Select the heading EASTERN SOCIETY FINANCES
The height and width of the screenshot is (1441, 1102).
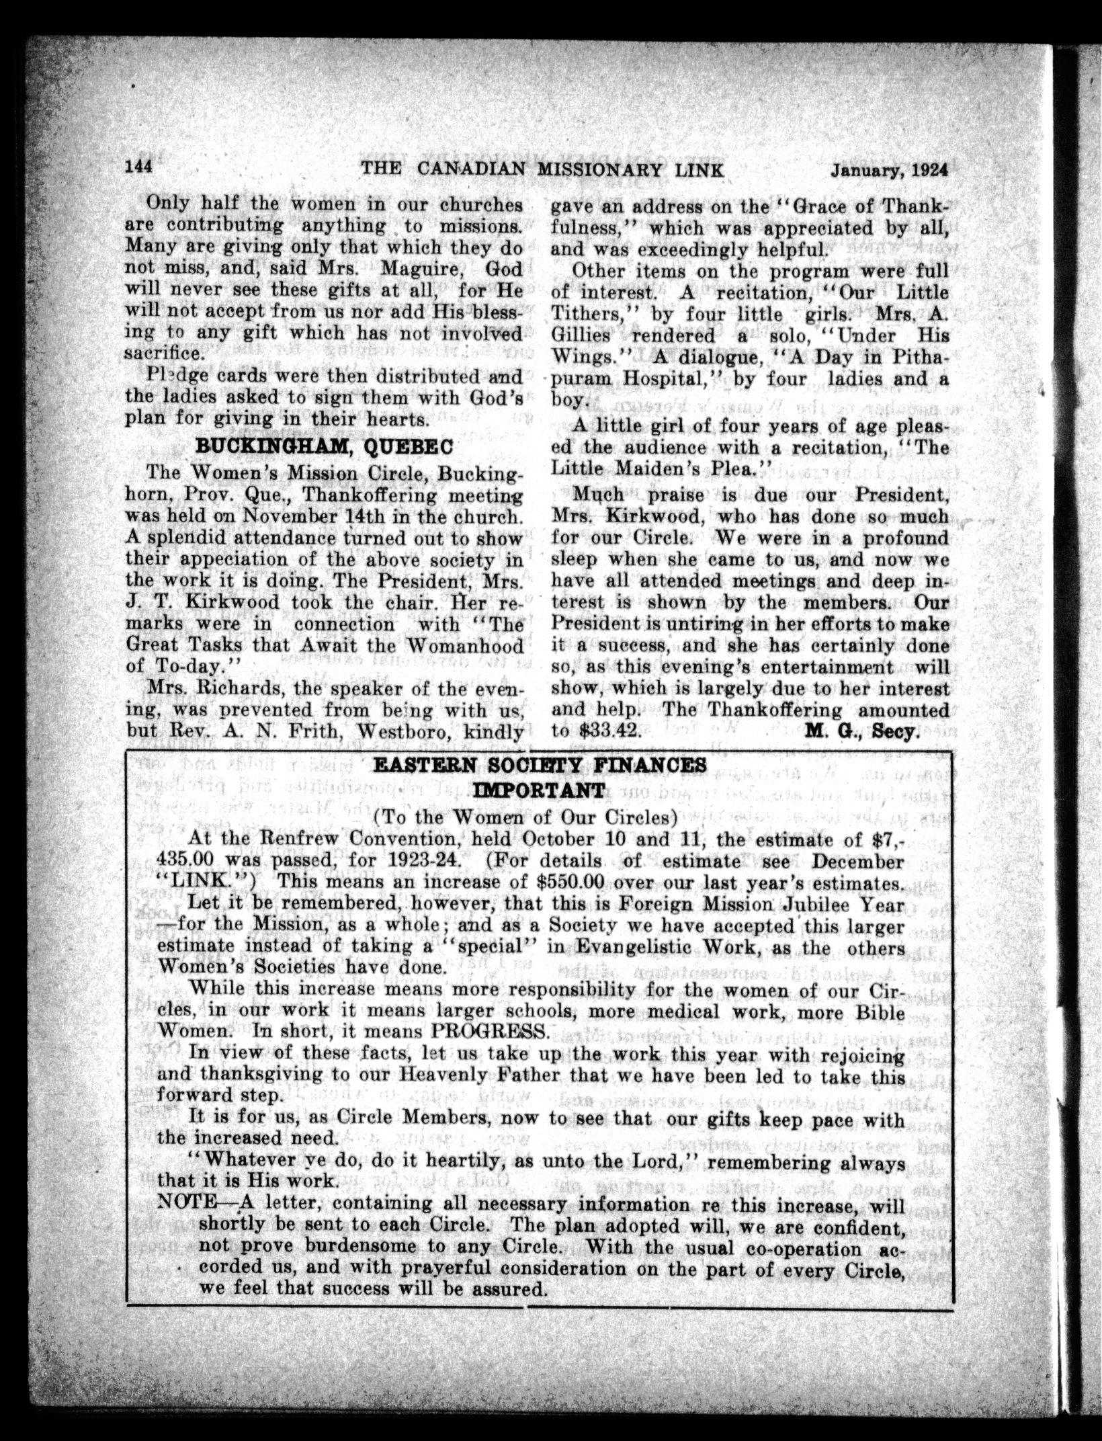[x=540, y=766]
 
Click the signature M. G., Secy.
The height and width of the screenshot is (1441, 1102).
[x=861, y=732]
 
